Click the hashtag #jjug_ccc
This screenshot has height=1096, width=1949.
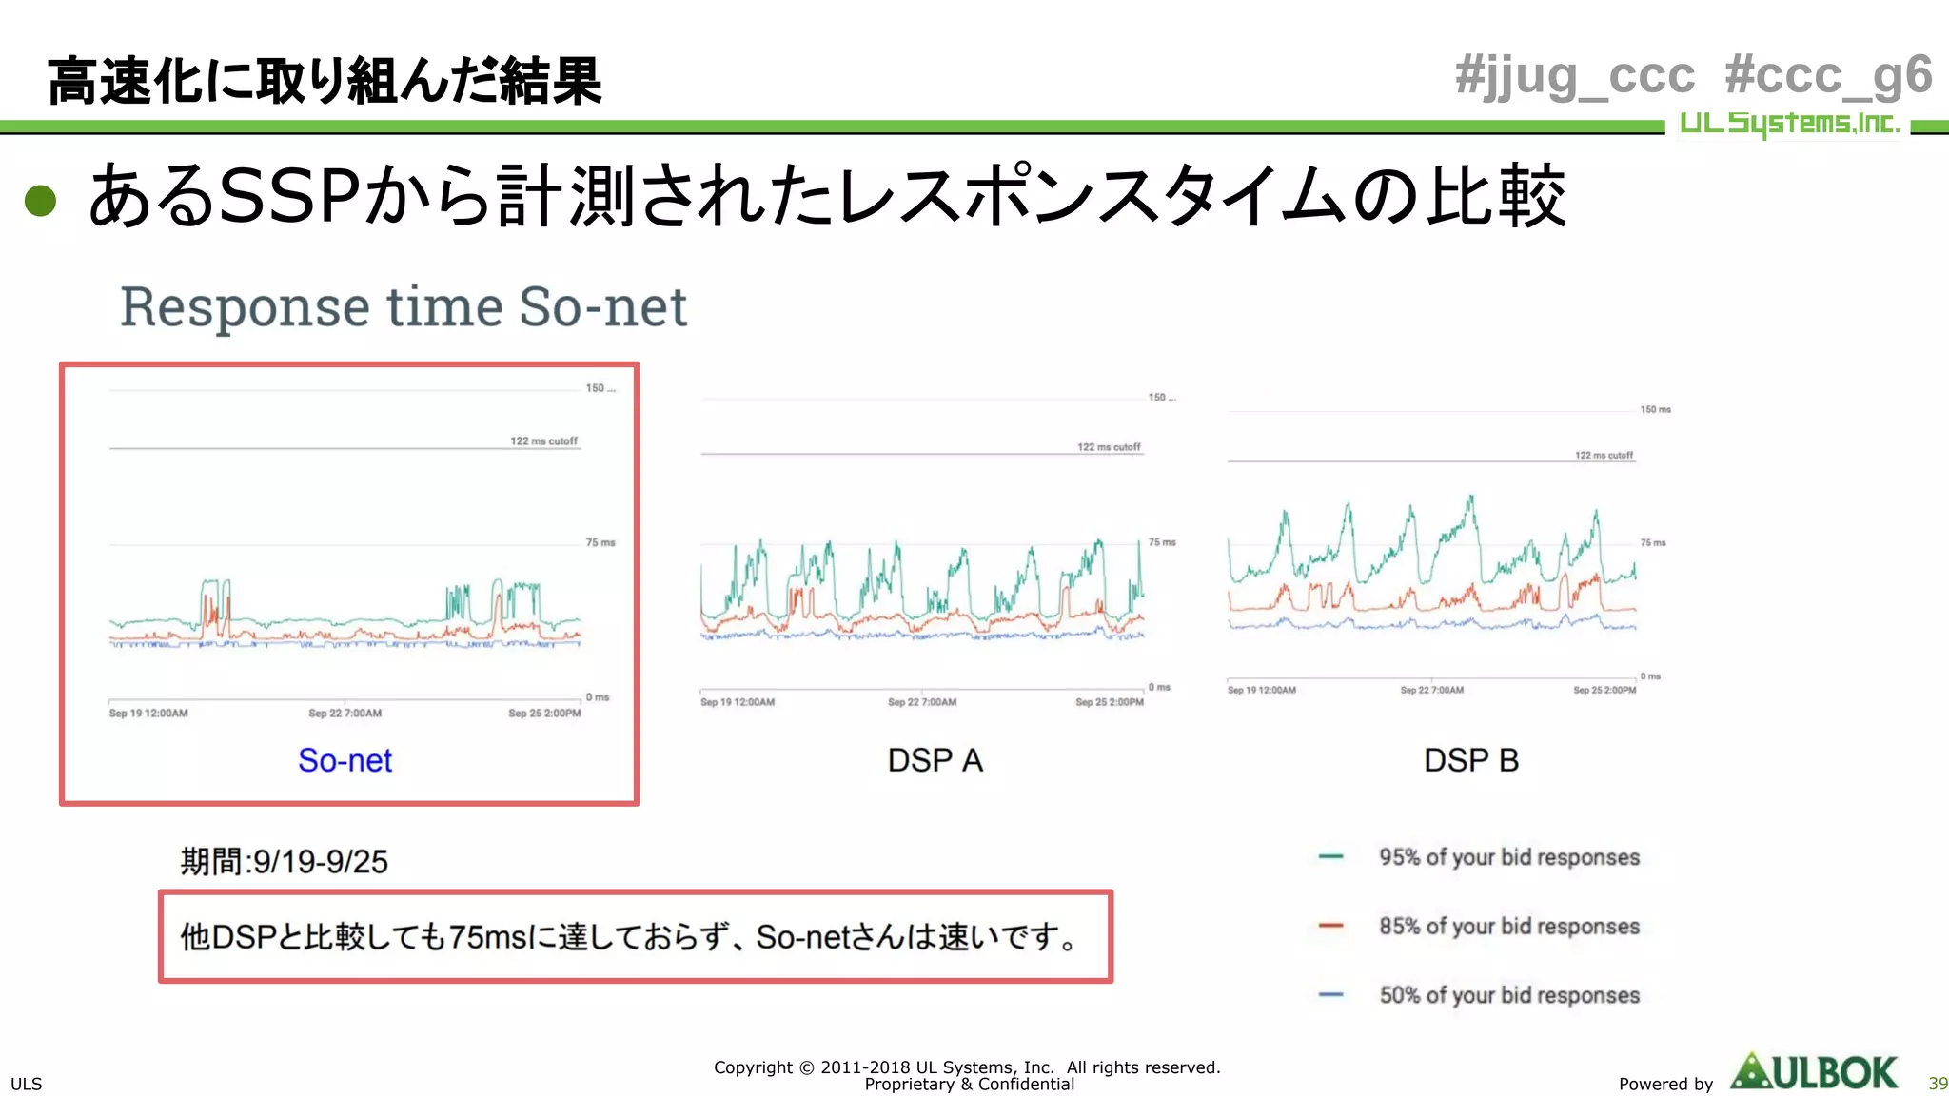[1575, 76]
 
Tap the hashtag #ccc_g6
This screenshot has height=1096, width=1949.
[1828, 76]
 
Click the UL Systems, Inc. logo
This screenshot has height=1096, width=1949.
[1789, 124]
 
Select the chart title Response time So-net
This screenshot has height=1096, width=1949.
[404, 307]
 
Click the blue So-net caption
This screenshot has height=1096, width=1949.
[345, 760]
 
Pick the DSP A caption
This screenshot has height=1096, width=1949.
[935, 760]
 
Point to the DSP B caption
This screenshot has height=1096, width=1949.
[1470, 760]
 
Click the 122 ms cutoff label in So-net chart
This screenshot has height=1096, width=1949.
[543, 441]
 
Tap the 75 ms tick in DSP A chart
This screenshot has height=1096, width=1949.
[1161, 542]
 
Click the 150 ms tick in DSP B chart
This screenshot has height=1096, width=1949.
[1655, 409]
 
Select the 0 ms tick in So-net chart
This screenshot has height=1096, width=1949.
[598, 697]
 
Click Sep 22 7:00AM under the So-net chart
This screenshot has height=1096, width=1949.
[345, 714]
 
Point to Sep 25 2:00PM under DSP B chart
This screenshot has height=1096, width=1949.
[1604, 691]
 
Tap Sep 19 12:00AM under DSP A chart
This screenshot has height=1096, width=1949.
[738, 703]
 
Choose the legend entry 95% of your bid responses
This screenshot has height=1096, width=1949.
[1508, 857]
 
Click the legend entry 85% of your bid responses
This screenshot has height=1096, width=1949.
[1508, 926]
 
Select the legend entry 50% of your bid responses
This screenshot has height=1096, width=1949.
[1508, 995]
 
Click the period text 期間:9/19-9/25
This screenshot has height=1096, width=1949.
[285, 862]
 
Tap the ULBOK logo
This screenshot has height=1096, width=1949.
[1814, 1073]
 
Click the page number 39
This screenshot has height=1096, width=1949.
[1938, 1084]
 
